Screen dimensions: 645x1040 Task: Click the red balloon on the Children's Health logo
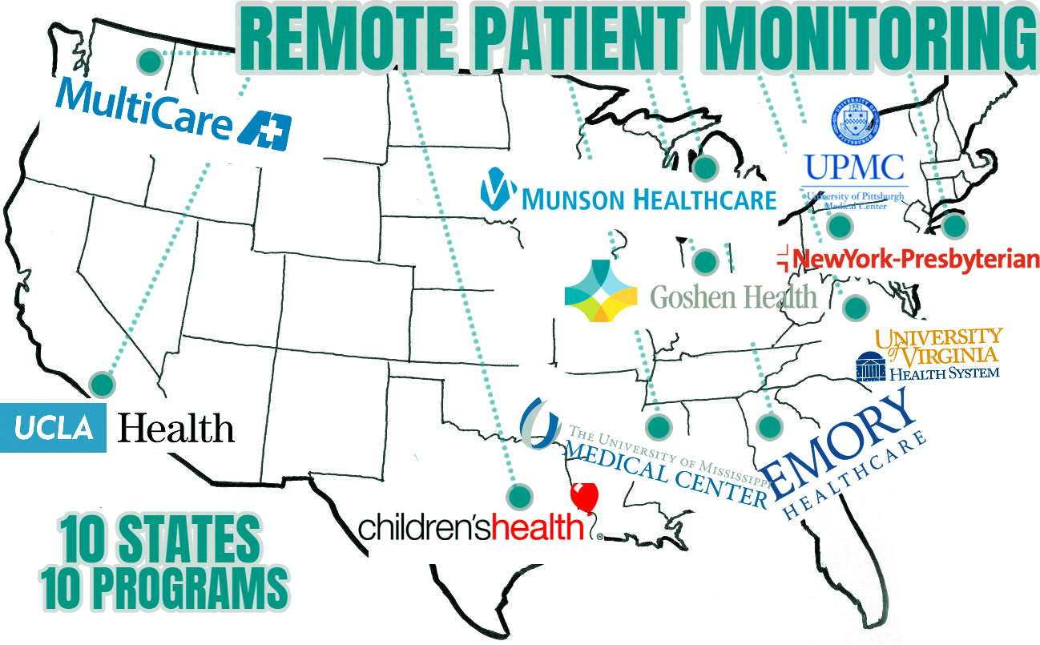(x=584, y=498)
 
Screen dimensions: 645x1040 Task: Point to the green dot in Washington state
(x=147, y=61)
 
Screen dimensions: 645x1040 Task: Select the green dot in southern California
(x=102, y=384)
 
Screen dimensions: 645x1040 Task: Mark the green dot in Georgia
(x=770, y=425)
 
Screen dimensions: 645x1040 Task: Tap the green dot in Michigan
(x=705, y=167)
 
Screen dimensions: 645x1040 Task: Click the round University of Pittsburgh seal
(x=854, y=119)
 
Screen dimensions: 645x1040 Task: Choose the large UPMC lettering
(x=854, y=167)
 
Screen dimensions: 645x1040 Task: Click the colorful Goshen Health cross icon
(x=601, y=291)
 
